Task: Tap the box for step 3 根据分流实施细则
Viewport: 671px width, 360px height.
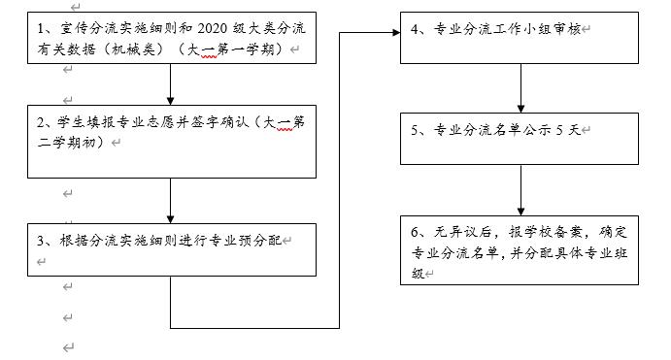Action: (x=171, y=249)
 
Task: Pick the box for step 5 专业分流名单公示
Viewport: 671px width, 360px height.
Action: (x=520, y=139)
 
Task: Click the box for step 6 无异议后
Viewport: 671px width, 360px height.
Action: (x=520, y=249)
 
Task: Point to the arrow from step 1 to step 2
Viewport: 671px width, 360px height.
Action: (x=171, y=84)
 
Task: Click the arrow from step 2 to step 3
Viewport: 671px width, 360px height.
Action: (x=171, y=200)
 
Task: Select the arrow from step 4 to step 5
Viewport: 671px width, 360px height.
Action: (x=520, y=88)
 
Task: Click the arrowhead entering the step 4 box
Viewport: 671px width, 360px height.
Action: (x=393, y=32)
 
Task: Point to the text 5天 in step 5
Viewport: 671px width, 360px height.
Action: (x=569, y=131)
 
